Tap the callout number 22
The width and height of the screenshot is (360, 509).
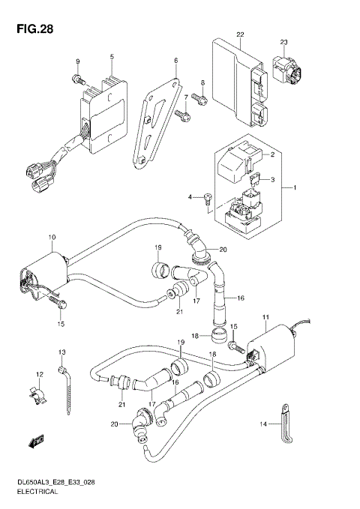click(240, 35)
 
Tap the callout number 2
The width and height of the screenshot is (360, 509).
click(272, 155)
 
